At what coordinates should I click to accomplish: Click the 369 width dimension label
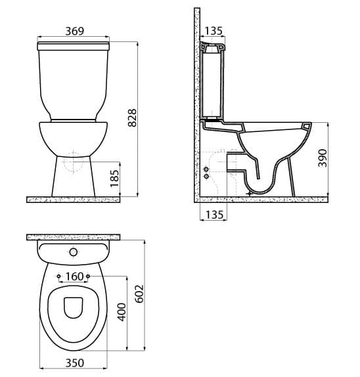[x=75, y=31]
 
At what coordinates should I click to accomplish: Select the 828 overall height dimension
[x=132, y=118]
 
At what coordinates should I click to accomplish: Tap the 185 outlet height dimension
[x=115, y=179]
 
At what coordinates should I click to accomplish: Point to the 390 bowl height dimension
[x=323, y=158]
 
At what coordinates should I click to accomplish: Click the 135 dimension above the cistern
[x=214, y=31]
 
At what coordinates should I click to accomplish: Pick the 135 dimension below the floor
[x=214, y=215]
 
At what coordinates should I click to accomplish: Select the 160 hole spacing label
[x=74, y=277]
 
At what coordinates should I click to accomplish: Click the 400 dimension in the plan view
[x=122, y=312]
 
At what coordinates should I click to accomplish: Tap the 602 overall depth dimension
[x=139, y=294]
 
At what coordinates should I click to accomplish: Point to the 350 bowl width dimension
[x=75, y=363]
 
